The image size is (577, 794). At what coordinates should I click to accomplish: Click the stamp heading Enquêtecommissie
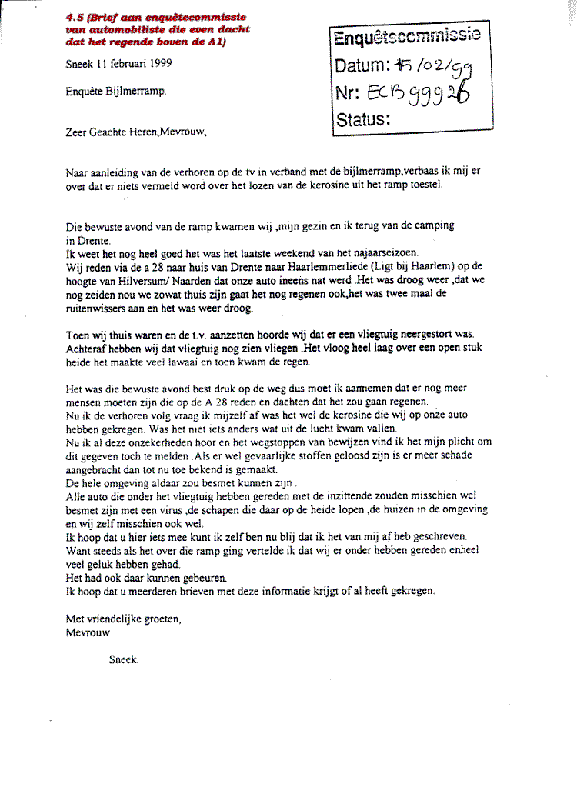[407, 37]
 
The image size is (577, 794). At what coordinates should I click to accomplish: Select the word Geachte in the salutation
[115, 131]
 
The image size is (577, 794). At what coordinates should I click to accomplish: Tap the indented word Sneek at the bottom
[124, 659]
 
